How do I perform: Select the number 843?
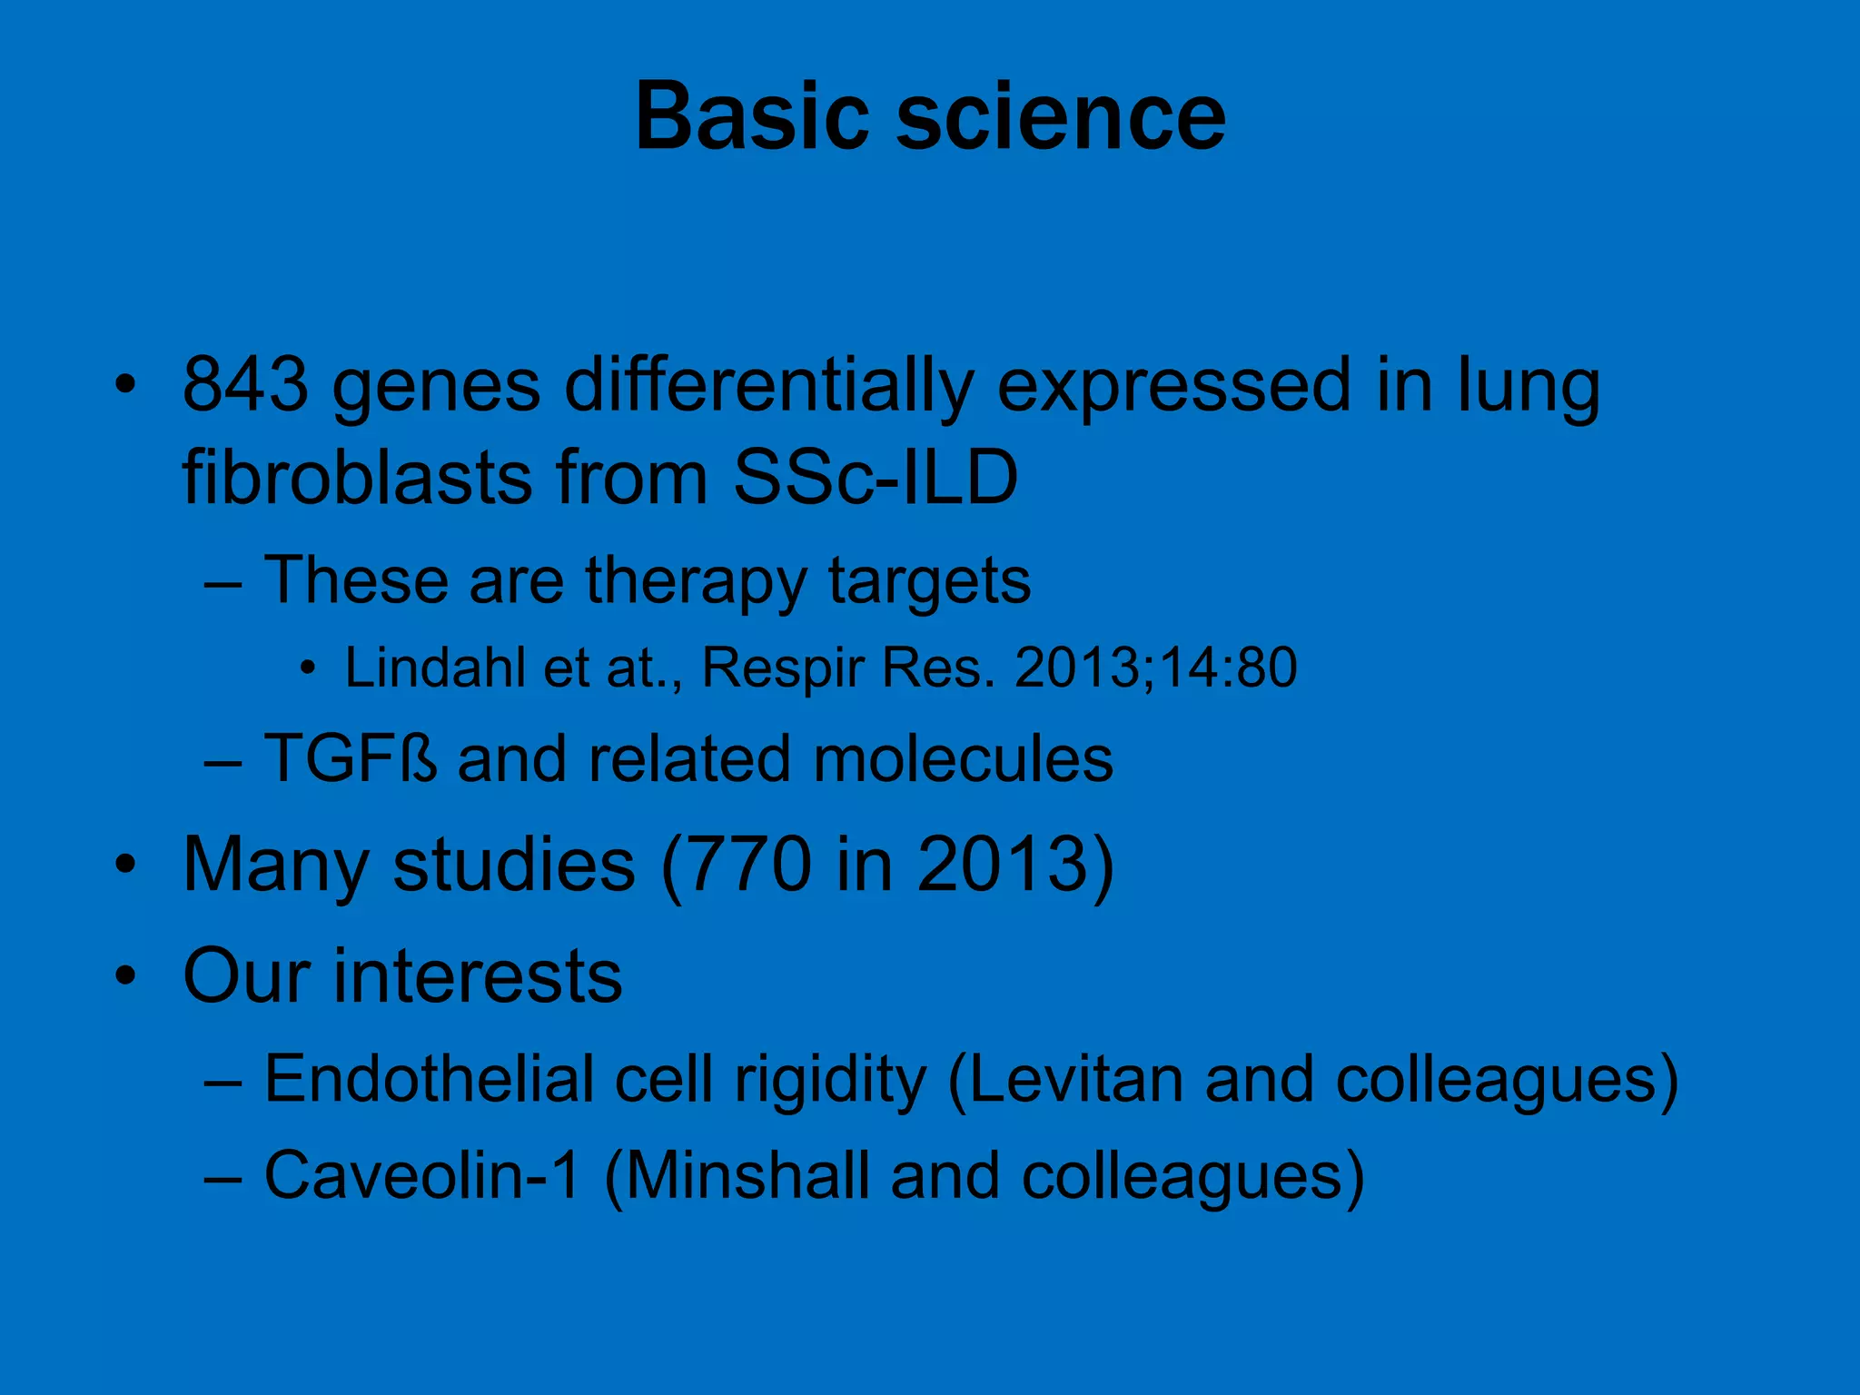tap(245, 385)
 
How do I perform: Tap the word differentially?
tap(768, 387)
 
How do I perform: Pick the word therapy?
tap(696, 581)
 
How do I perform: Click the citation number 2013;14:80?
tap(1155, 668)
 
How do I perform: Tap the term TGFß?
tap(351, 758)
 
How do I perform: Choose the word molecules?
tap(963, 758)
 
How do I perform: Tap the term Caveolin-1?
tap(421, 1176)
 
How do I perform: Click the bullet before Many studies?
tap(126, 865)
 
